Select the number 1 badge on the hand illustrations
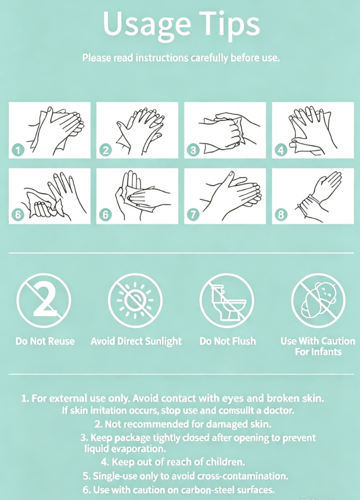tap(18, 150)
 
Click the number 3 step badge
tap(193, 150)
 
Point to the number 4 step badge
tap(281, 150)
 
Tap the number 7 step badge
tap(193, 214)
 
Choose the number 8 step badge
tap(281, 214)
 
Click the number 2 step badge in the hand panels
tap(106, 150)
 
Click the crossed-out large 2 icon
tap(43, 301)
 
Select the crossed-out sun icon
tap(135, 301)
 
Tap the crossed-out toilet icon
tap(227, 301)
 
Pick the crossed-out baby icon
tap(318, 301)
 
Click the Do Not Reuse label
tap(45, 341)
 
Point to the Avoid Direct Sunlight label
tap(136, 341)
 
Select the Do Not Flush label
tap(227, 341)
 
